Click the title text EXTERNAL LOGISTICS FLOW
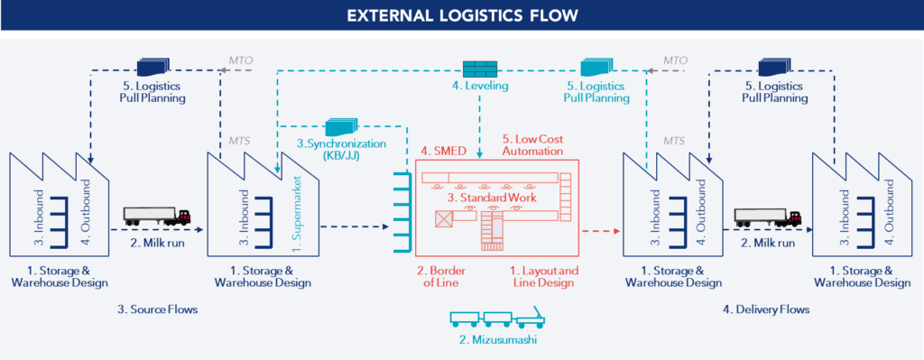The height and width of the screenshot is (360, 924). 462,15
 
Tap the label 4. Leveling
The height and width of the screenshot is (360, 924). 480,87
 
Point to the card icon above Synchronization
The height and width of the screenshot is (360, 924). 339,128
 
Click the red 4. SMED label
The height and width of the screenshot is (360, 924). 442,150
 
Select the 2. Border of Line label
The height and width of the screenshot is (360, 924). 439,276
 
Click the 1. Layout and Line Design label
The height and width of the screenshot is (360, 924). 541,276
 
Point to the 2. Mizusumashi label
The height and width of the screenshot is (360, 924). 494,340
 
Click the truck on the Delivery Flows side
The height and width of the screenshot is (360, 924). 768,217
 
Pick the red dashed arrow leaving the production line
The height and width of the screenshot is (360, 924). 601,232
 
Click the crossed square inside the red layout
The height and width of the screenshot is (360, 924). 444,218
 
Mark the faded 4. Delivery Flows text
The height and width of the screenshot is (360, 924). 767,309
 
